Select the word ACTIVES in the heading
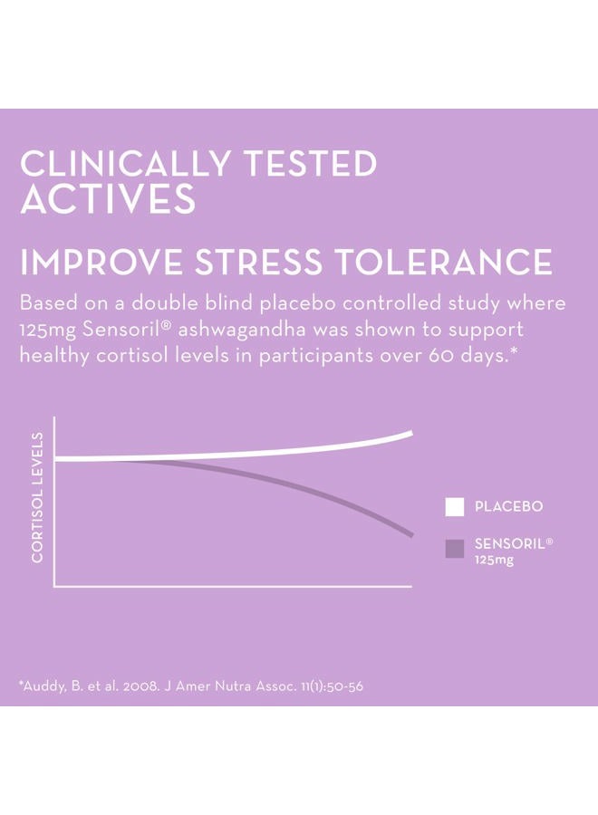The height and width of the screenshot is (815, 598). click(107, 200)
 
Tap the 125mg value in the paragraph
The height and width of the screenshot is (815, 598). click(45, 328)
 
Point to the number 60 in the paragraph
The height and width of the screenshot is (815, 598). click(431, 354)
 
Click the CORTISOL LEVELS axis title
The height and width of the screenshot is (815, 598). click(37, 497)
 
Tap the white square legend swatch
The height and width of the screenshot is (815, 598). click(455, 507)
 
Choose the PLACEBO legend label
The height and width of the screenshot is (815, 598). click(509, 507)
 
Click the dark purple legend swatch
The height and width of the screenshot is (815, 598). click(455, 548)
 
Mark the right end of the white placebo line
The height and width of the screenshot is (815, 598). click(410, 434)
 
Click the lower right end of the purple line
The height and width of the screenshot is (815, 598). click(411, 535)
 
